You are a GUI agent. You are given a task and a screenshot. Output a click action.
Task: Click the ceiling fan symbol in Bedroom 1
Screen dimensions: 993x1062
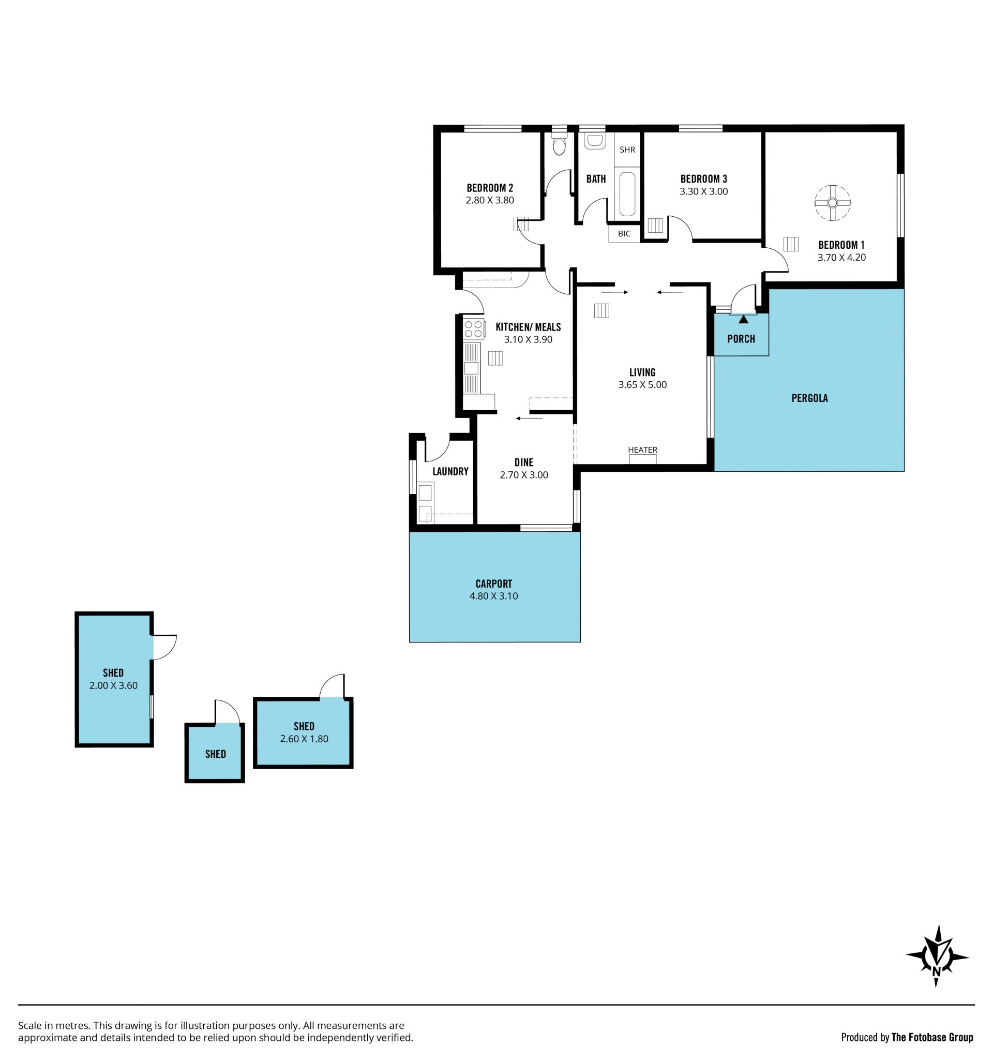point(832,203)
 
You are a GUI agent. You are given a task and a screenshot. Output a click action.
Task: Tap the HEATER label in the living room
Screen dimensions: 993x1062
point(642,450)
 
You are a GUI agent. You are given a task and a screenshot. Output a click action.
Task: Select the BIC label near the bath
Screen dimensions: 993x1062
point(624,233)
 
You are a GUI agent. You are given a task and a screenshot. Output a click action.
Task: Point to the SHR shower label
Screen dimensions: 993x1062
point(627,149)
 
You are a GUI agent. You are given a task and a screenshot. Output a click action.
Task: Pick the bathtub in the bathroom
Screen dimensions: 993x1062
point(627,193)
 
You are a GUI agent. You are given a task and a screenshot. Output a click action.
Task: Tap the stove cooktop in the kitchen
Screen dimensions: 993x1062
point(474,329)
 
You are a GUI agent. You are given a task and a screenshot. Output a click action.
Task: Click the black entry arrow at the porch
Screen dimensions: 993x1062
point(744,320)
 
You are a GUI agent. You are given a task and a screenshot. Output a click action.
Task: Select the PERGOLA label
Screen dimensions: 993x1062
point(809,398)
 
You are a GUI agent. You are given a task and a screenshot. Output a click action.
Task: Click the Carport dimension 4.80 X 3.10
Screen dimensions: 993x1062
point(493,596)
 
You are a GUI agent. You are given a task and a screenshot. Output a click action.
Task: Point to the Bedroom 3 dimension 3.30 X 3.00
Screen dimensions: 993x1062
point(703,191)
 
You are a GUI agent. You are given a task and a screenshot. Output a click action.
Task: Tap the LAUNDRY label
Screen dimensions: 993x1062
point(450,471)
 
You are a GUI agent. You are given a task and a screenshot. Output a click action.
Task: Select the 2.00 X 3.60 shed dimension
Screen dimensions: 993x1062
point(113,685)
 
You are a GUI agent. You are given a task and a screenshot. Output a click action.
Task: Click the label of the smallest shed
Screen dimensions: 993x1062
point(215,754)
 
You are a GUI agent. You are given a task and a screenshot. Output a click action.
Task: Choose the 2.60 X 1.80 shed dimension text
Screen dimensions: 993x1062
point(304,739)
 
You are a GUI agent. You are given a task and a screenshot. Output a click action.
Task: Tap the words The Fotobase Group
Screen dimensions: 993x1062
point(932,1037)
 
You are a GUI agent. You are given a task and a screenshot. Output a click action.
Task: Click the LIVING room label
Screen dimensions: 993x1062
point(642,372)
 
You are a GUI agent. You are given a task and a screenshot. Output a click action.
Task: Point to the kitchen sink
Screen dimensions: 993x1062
point(471,368)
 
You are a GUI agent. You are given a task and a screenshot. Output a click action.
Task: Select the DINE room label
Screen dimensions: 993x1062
point(524,462)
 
